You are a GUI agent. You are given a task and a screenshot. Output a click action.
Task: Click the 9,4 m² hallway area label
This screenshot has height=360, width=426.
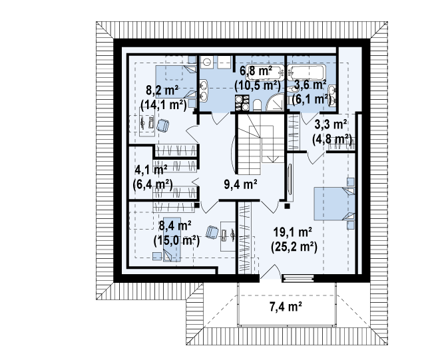240,184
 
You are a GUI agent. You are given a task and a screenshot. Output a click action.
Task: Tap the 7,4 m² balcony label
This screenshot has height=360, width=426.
286,307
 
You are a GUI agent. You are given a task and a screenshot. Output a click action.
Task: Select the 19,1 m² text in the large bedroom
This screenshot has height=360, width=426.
292,232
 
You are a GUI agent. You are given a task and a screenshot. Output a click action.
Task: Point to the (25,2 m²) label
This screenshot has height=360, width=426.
294,247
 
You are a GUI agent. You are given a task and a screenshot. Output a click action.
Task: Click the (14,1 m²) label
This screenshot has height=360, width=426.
164,104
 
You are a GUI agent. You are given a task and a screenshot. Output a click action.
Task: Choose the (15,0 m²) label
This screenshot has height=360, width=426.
176,240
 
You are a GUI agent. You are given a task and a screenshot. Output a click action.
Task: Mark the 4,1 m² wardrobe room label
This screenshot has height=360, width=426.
151,170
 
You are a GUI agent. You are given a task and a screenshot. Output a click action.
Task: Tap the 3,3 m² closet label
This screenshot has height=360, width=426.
331,124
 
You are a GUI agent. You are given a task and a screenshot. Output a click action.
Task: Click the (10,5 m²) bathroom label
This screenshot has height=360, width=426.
258,85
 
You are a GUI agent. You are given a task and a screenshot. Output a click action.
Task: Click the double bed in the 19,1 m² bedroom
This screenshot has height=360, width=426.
334,203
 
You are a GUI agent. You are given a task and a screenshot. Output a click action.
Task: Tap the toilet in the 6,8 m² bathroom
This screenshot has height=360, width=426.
257,105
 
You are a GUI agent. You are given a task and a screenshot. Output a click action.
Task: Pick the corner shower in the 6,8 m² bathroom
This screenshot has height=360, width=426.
275,102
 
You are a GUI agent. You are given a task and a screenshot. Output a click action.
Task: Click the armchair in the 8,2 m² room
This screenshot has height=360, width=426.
162,126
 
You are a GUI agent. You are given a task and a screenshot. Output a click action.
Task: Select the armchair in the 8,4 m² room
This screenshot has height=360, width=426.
212,233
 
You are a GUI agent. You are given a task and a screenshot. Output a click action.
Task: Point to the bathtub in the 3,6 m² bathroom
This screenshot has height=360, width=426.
306,73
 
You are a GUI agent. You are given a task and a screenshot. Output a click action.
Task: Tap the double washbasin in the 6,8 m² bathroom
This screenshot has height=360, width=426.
204,90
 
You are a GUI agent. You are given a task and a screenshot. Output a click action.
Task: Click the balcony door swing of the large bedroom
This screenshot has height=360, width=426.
270,271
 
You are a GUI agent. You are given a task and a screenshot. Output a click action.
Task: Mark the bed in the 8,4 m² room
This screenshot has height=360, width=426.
172,240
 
